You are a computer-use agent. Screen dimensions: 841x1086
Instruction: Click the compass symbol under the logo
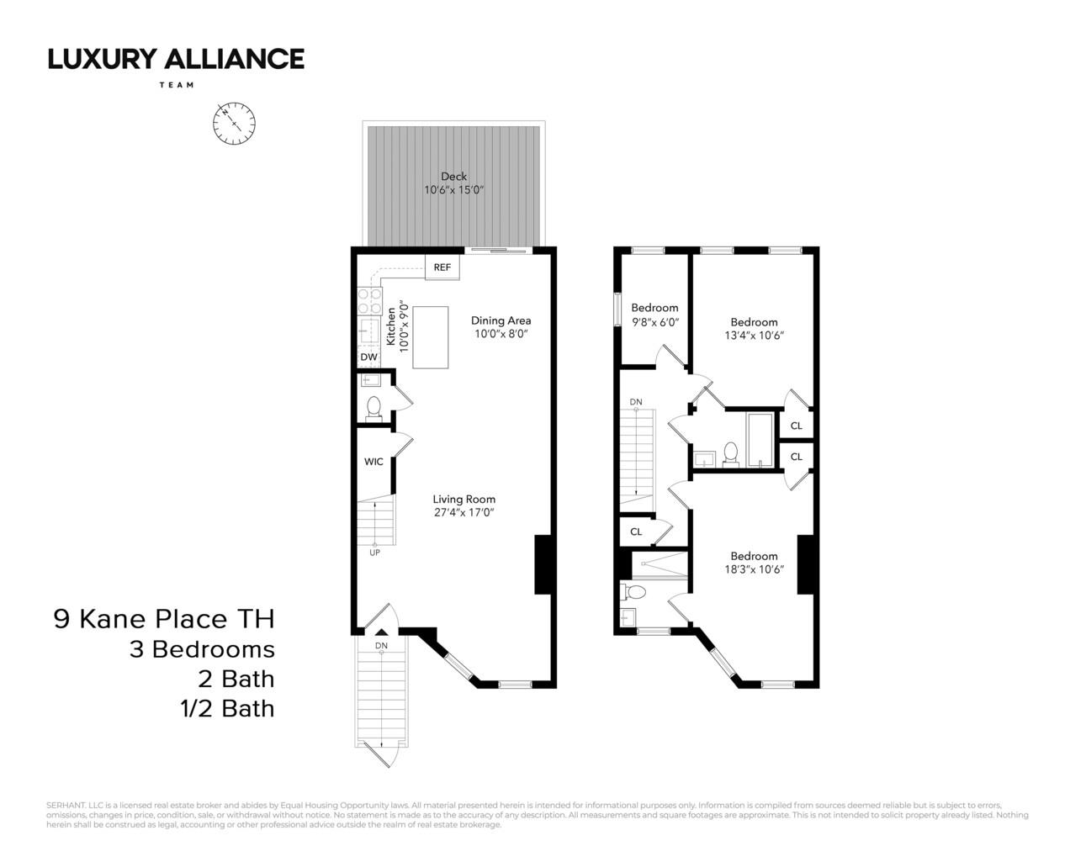pos(234,124)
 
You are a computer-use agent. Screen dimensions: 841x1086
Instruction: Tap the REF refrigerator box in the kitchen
pos(442,267)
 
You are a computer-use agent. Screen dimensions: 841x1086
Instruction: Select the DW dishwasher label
pos(368,357)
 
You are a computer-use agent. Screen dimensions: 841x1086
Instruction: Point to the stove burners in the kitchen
pos(369,300)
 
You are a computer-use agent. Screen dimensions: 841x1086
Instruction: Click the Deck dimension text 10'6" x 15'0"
pos(453,190)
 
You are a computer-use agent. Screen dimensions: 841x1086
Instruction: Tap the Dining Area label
pos(501,320)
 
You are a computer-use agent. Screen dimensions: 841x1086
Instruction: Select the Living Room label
pos(464,499)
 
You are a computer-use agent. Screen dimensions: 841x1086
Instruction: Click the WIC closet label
pos(373,462)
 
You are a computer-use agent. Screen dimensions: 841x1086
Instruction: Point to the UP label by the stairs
pos(374,553)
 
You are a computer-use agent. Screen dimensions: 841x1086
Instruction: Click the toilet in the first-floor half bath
pos(373,407)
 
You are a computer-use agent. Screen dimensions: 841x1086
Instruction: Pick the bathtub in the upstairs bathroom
pos(760,439)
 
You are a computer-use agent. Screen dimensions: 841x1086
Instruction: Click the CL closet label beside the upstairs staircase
pos(636,532)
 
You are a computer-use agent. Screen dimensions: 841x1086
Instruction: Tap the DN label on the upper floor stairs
pos(636,402)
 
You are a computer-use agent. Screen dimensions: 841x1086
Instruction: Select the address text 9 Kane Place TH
pos(164,619)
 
